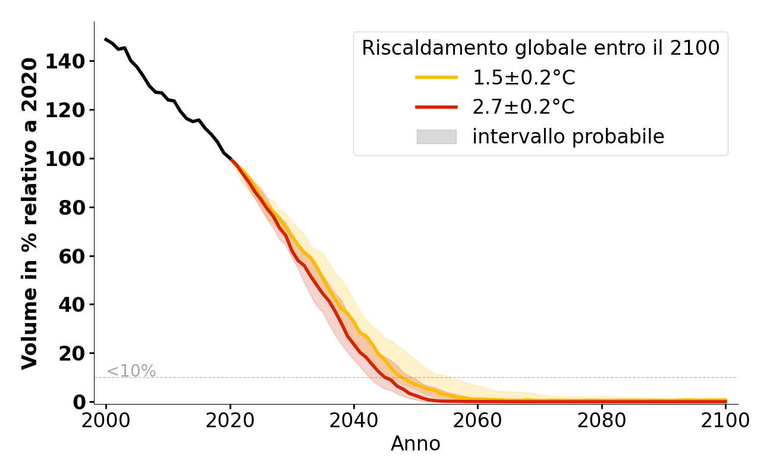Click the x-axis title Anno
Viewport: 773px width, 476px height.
[416, 444]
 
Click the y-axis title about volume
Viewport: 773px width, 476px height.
[30, 213]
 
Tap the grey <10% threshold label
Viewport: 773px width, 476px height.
[131, 371]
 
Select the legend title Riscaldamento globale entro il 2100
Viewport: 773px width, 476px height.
[541, 48]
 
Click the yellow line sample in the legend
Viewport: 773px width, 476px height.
[436, 77]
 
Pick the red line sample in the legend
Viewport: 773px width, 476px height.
[436, 107]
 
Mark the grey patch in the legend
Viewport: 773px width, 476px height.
[436, 137]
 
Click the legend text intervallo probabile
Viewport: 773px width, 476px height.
[568, 137]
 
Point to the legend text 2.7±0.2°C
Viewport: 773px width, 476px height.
[523, 107]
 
